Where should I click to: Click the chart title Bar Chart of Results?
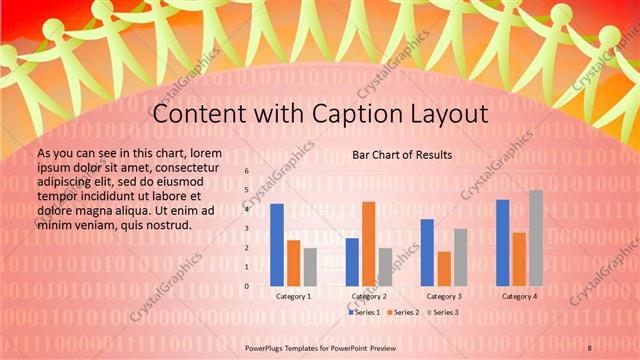click(402, 155)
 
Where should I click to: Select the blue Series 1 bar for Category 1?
click(277, 245)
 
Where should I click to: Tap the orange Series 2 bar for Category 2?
click(368, 244)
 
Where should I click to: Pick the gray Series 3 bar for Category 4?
click(536, 238)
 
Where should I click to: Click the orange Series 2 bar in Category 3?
click(444, 268)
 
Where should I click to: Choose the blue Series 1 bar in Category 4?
click(502, 243)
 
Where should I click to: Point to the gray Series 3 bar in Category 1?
click(310, 267)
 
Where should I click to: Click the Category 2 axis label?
click(369, 297)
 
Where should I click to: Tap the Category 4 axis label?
click(519, 297)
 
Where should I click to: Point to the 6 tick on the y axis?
click(247, 172)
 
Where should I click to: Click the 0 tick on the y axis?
click(247, 286)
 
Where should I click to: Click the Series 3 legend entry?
click(442, 313)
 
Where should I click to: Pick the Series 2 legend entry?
click(404, 313)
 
